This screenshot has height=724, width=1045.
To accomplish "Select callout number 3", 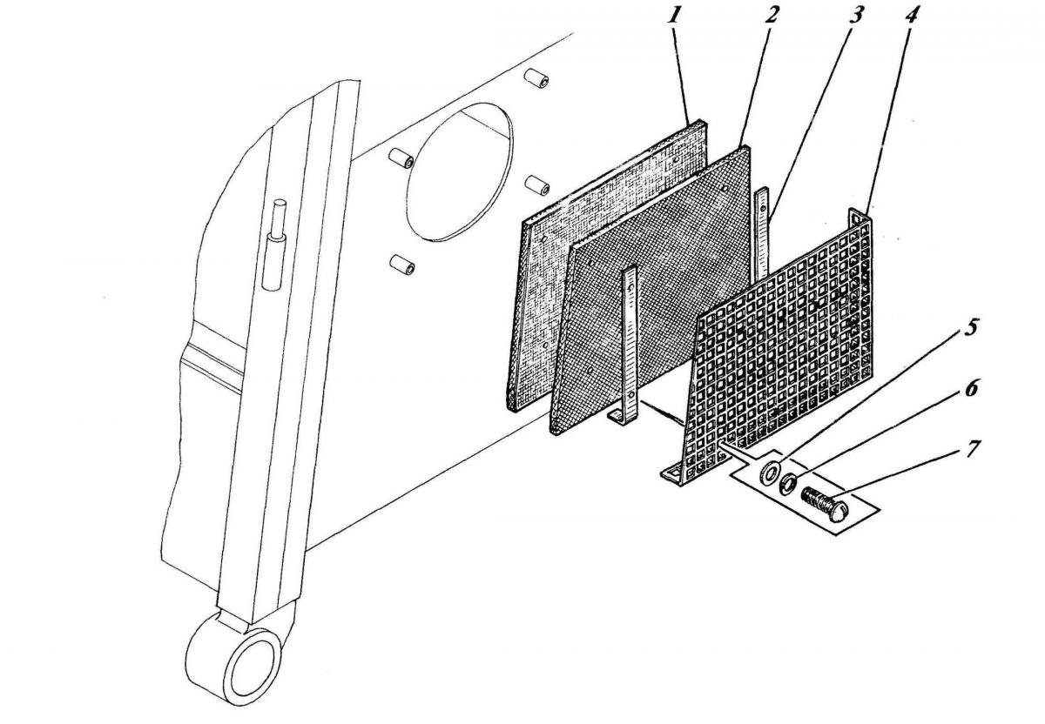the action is (x=854, y=16).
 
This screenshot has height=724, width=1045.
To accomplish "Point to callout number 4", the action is (x=911, y=16).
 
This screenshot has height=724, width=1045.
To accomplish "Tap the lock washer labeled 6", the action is (x=787, y=482).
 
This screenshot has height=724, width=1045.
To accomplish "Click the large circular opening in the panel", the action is (x=460, y=171).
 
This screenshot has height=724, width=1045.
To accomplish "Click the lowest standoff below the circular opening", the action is (x=402, y=265).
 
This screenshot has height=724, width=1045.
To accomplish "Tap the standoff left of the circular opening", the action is (x=401, y=158).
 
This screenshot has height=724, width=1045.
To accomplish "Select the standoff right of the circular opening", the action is (x=537, y=184).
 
